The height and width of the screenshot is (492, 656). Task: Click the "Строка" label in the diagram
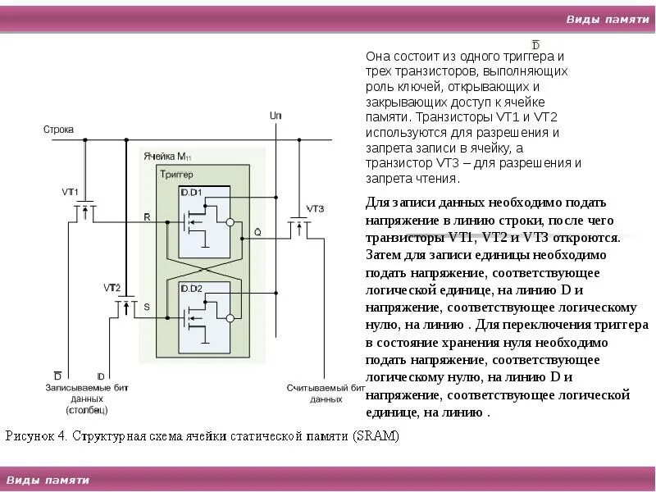point(58,130)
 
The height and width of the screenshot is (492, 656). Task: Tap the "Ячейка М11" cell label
point(166,157)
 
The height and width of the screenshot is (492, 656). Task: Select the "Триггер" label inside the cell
point(177,175)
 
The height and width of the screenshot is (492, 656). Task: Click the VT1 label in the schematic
point(71,192)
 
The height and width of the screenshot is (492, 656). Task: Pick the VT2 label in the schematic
point(112,288)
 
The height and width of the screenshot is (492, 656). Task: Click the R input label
point(147,217)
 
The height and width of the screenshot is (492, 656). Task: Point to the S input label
point(147,307)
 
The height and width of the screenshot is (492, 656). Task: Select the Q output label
point(257,232)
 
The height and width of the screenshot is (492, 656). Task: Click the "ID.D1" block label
point(191,192)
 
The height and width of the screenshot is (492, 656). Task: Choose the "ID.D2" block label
point(191,288)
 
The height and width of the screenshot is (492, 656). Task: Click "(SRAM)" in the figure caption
point(376,436)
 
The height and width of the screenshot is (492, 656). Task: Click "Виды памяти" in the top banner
point(607,20)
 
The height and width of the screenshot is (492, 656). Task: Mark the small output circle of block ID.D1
point(230,222)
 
